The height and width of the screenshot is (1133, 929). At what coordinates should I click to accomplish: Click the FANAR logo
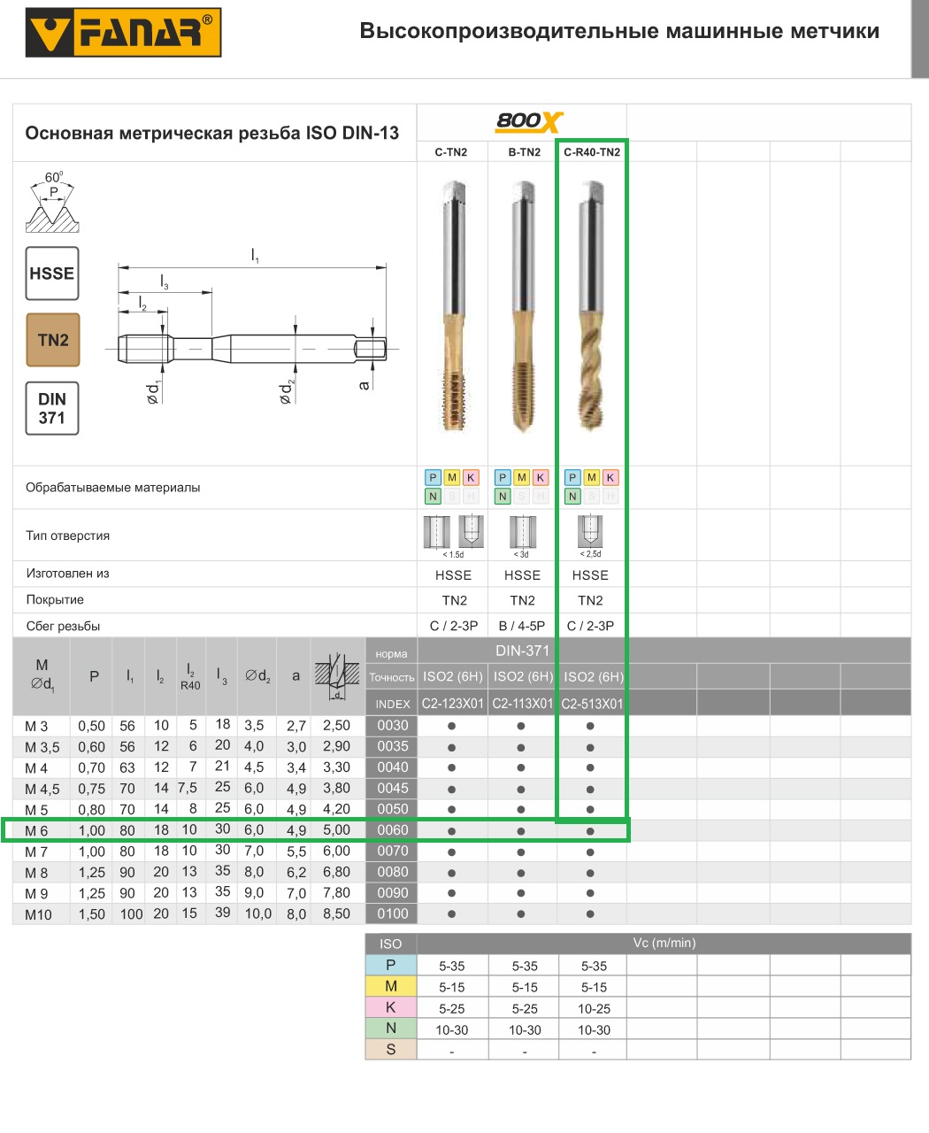tap(123, 33)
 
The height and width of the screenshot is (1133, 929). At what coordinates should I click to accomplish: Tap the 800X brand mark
tap(528, 121)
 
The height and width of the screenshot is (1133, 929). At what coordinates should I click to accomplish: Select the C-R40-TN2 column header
tap(592, 152)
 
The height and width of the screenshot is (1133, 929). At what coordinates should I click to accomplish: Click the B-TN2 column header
tap(524, 152)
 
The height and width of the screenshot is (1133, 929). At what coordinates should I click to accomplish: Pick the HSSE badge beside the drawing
tap(52, 274)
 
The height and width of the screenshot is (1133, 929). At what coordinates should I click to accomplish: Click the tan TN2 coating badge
tap(53, 340)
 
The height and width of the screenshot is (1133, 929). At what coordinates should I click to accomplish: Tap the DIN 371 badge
tap(52, 408)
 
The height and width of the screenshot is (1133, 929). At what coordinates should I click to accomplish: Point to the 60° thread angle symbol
tap(53, 202)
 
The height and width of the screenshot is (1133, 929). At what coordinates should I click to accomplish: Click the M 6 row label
tap(37, 831)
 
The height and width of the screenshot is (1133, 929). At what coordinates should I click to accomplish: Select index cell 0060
tap(392, 830)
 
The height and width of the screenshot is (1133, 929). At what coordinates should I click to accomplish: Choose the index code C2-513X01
tap(592, 704)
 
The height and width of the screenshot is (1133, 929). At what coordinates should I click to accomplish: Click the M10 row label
tap(38, 914)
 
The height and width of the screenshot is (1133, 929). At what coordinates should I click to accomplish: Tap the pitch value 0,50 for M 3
tap(91, 726)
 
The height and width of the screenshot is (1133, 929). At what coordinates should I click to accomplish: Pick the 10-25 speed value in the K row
tap(594, 1008)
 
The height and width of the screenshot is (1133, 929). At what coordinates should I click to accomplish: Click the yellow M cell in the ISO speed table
tap(390, 986)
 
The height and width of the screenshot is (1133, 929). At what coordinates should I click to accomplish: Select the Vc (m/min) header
tap(664, 943)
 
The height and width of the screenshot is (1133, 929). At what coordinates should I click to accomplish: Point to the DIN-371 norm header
tap(522, 651)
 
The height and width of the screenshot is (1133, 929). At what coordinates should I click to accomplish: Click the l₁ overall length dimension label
tap(255, 256)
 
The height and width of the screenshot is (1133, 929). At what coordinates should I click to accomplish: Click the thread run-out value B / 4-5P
tap(522, 626)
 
